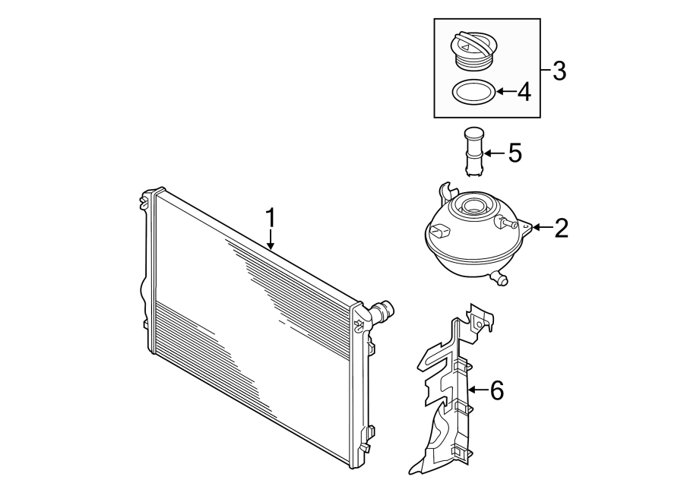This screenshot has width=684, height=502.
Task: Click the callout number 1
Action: point(271,218)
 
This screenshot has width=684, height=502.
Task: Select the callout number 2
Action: point(561,228)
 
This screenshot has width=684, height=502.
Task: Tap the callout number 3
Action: point(559,71)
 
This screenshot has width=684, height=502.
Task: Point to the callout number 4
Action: point(524,93)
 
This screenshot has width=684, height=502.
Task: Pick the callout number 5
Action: point(515,153)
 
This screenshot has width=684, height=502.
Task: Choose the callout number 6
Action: point(496,390)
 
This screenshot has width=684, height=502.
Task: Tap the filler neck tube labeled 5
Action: point(472,152)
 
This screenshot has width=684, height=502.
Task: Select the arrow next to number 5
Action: point(493,153)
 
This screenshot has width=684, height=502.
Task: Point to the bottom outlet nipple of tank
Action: point(499,279)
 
